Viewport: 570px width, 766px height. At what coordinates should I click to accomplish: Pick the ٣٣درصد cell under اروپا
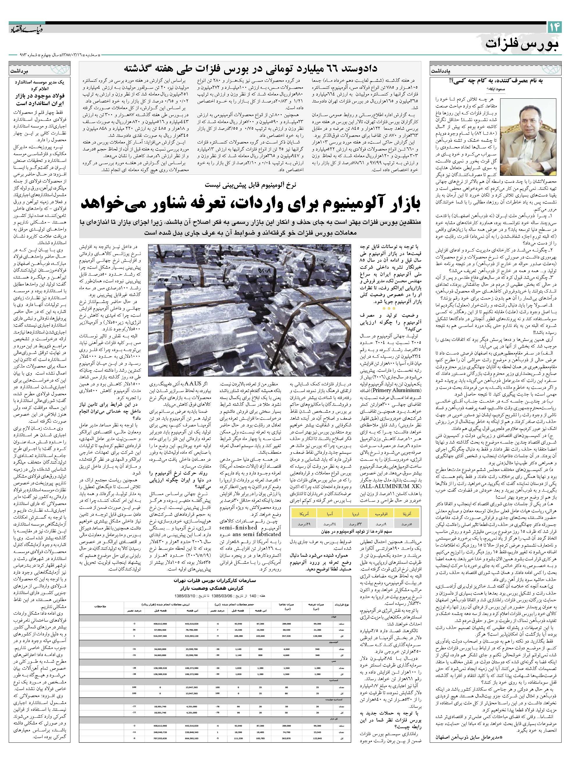point(355,524)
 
